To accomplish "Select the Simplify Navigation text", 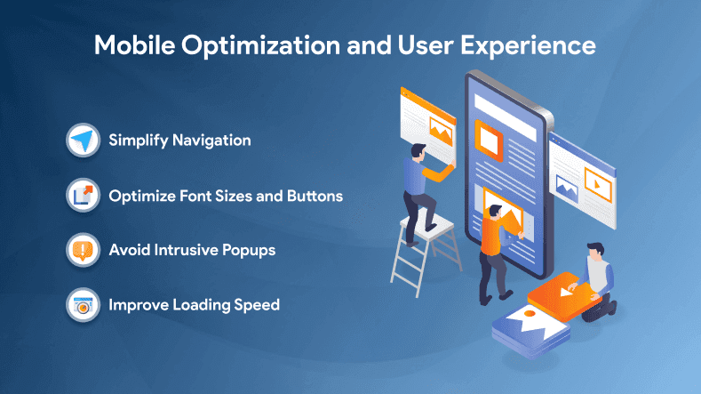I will point(179,141).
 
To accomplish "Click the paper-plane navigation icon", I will point(83,141).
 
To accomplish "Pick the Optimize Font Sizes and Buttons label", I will point(225,196).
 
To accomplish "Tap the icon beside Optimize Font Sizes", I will point(83,196).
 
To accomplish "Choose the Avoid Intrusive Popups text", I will point(191,250).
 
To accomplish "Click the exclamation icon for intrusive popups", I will point(83,250).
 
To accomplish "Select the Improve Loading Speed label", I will point(194,305).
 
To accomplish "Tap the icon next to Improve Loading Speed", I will point(83,305).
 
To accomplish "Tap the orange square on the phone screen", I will point(487,139).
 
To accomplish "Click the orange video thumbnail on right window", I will point(600,189).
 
